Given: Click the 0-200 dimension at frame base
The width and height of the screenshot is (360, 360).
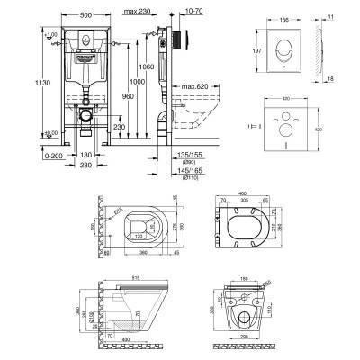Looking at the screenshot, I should coord(33,156).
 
